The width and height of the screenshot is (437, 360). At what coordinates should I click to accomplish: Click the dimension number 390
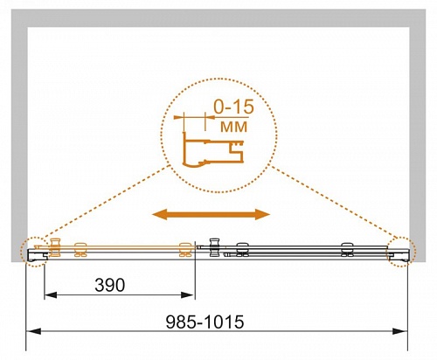click(x=110, y=285)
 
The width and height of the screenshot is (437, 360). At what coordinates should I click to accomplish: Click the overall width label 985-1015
click(x=205, y=322)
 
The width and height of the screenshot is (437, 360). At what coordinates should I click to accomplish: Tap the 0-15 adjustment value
click(x=233, y=107)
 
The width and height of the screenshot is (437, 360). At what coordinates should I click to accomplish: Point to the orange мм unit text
click(x=233, y=127)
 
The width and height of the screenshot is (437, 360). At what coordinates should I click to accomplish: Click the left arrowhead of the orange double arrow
click(x=160, y=215)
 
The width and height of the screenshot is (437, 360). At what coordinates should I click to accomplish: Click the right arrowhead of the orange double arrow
click(x=262, y=215)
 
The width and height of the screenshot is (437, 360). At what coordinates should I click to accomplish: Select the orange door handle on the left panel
click(x=55, y=247)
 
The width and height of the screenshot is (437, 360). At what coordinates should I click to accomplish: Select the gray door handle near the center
click(x=214, y=247)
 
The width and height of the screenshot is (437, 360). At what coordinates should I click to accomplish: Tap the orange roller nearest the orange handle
click(x=80, y=250)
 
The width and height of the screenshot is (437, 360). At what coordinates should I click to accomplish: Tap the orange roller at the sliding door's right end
click(x=185, y=250)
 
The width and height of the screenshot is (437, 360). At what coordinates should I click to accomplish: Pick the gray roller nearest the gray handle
click(x=242, y=250)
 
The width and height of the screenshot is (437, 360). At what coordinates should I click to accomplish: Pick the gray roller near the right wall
click(x=347, y=250)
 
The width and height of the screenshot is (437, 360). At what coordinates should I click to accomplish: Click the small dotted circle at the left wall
click(x=34, y=252)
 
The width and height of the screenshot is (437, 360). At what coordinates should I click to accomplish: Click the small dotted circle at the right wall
click(x=402, y=252)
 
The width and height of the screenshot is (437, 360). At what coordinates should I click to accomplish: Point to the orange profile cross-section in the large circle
click(x=212, y=150)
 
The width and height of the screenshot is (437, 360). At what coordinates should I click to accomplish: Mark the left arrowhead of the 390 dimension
click(x=51, y=295)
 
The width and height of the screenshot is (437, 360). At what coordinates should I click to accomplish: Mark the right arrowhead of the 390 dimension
click(x=187, y=295)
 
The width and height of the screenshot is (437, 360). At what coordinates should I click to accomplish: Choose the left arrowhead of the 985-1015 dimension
click(x=33, y=331)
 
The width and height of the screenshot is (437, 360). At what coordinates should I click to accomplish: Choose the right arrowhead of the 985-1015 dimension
click(x=399, y=331)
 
